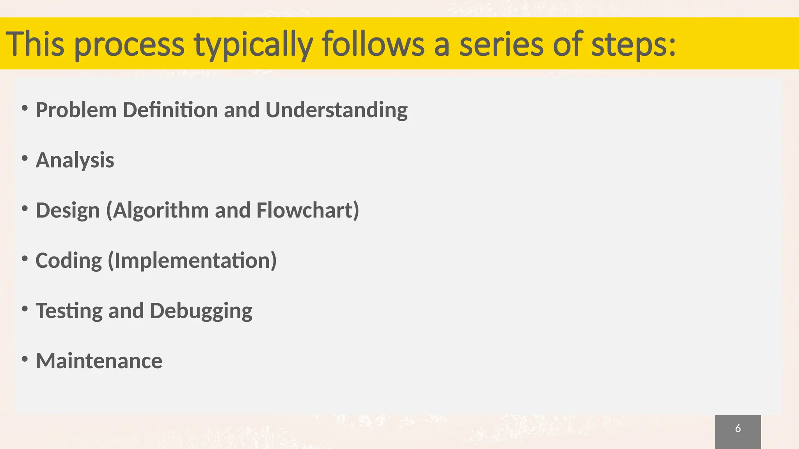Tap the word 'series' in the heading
pyautogui.click(x=501, y=44)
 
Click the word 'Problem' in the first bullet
pyautogui.click(x=76, y=110)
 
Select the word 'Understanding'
pyautogui.click(x=336, y=110)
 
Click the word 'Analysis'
pyautogui.click(x=75, y=160)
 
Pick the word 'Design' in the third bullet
pyautogui.click(x=68, y=210)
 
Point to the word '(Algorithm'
pyautogui.click(x=158, y=210)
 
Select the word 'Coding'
pyautogui.click(x=69, y=261)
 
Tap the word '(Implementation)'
pyautogui.click(x=192, y=261)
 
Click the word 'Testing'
pyautogui.click(x=69, y=311)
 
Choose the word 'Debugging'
pyautogui.click(x=201, y=311)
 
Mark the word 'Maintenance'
pyautogui.click(x=99, y=361)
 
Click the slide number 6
pyautogui.click(x=738, y=429)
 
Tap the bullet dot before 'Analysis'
pyautogui.click(x=25, y=158)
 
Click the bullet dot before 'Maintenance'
pyautogui.click(x=25, y=359)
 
